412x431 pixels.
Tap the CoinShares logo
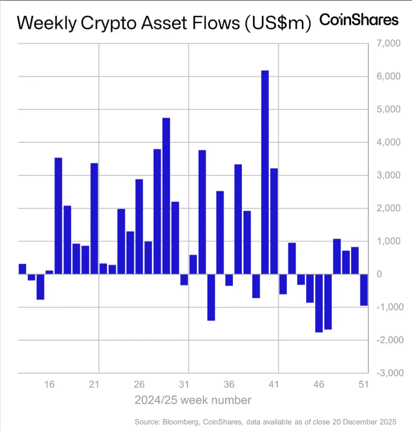click(x=359, y=19)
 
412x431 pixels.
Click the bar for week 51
click(x=364, y=289)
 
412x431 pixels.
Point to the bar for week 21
click(x=94, y=218)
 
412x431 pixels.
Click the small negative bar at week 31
click(x=184, y=279)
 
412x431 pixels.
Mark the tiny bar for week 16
click(x=49, y=272)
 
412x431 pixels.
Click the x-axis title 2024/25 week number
click(x=193, y=400)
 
